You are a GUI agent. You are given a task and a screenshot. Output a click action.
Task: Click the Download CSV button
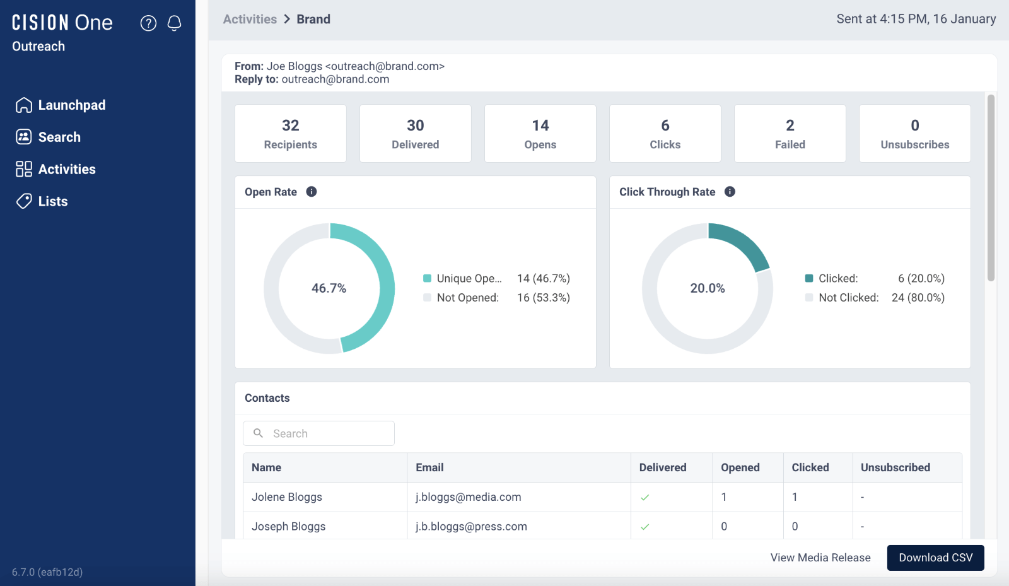point(935,558)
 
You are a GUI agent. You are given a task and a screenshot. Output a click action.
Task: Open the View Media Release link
point(820,558)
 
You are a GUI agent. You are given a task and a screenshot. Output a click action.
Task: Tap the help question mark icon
point(148,23)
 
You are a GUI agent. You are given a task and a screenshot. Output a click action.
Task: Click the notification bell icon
point(175,23)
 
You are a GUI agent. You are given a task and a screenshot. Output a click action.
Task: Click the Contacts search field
point(318,433)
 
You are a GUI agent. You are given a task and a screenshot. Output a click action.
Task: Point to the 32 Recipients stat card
point(290,134)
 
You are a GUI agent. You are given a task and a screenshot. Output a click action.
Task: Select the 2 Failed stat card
point(790,134)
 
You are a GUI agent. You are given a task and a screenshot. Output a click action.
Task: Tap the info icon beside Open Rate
point(312,192)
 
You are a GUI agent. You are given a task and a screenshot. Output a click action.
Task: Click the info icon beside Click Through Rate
point(730,192)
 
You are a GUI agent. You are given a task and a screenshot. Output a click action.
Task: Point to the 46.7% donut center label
point(329,288)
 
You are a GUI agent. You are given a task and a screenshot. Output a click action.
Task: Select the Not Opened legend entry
point(467,298)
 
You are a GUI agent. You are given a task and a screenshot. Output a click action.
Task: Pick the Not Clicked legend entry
point(848,298)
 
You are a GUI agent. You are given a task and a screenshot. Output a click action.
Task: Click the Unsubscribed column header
point(895,467)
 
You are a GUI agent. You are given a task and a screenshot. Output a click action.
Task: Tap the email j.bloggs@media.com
point(468,497)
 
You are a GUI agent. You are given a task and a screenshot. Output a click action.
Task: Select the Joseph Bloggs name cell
point(289,526)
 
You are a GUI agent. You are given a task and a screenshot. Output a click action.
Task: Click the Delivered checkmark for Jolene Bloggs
point(644,498)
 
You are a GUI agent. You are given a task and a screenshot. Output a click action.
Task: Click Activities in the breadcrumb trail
point(250,19)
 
